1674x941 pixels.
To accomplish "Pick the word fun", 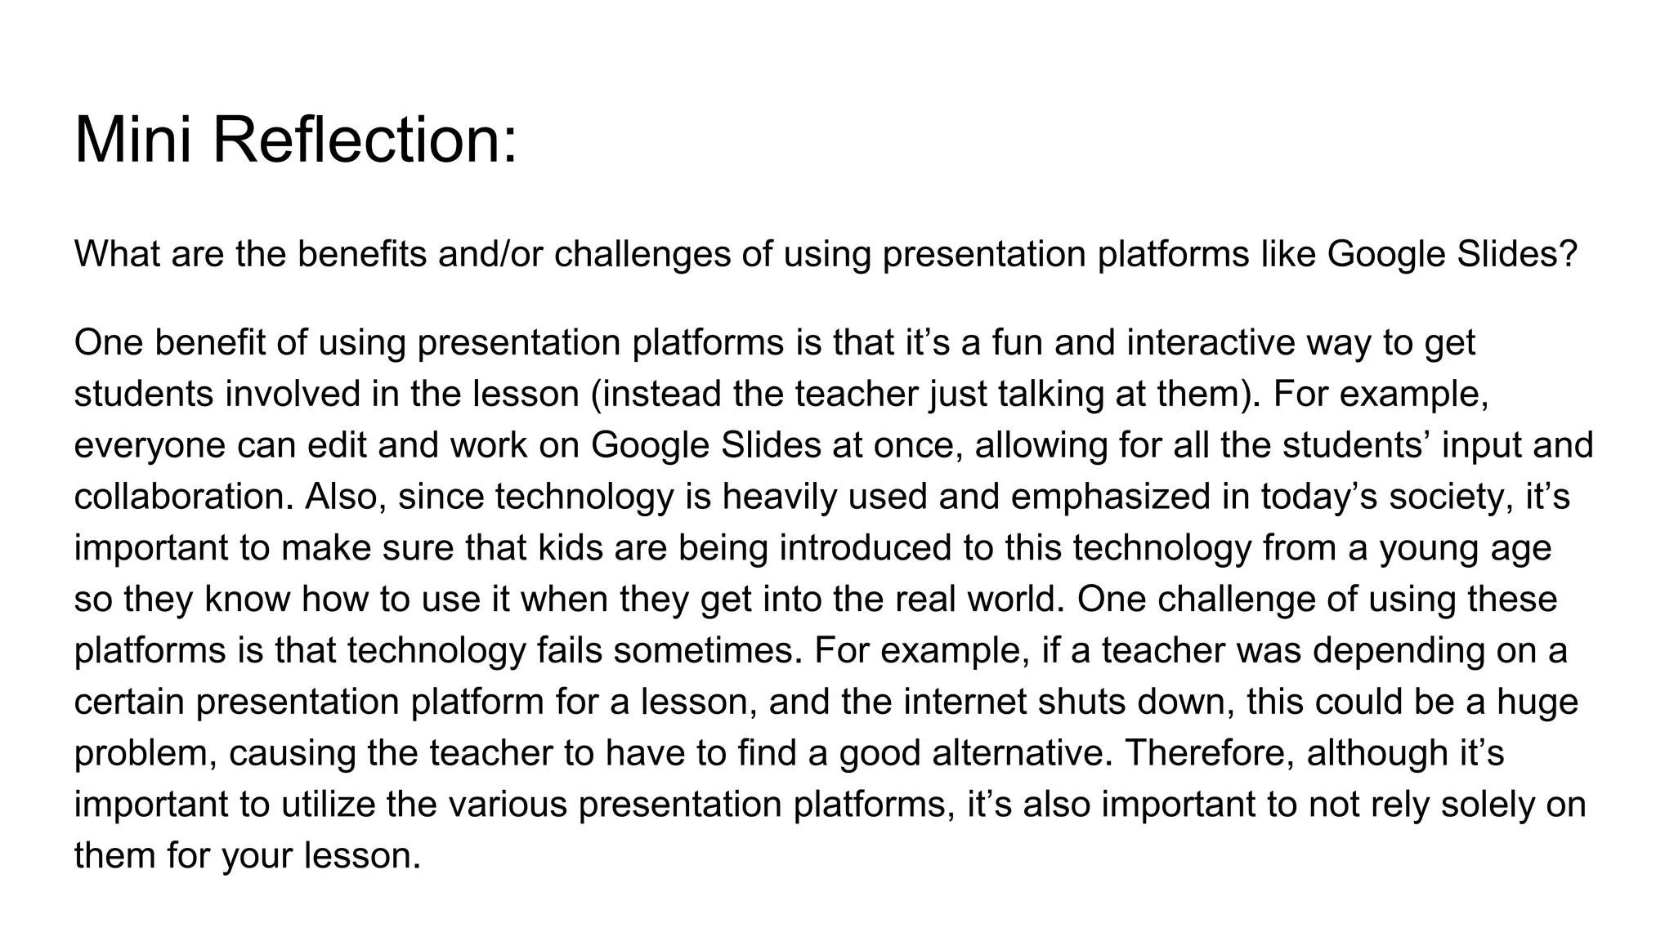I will (1017, 342).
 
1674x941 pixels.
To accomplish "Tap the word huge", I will (1537, 702).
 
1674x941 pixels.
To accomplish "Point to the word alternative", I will (1023, 753).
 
